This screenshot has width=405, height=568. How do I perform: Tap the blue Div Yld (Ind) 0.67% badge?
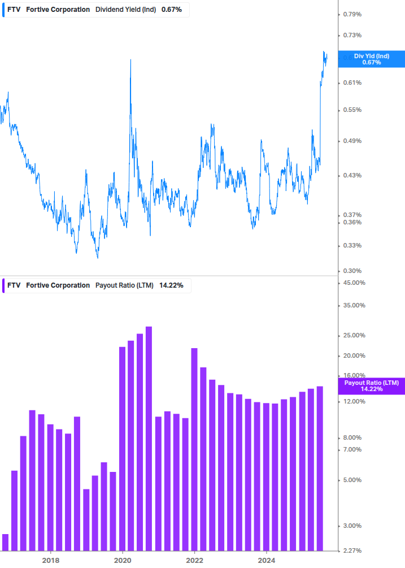(371, 59)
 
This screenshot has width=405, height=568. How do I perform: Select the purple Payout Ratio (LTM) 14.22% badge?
(371, 386)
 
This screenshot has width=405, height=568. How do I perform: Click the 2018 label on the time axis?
(51, 560)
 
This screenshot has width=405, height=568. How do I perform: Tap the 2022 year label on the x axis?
(195, 560)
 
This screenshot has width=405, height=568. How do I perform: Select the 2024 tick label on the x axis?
(267, 560)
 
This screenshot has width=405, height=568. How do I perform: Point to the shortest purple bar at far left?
(6, 542)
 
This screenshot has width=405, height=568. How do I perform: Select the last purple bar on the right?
(320, 468)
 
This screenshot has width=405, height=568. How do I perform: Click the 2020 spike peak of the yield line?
(131, 60)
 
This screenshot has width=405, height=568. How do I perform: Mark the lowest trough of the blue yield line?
(98, 258)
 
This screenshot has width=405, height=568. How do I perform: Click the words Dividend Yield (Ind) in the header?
(125, 10)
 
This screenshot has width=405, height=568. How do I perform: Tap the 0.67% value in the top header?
(172, 10)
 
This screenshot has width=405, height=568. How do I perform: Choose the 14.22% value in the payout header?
(171, 285)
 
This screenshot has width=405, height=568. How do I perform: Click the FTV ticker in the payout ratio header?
(14, 285)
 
